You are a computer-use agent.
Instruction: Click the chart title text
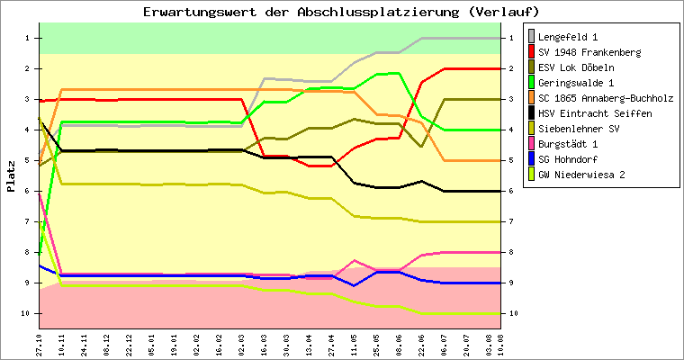click(x=341, y=12)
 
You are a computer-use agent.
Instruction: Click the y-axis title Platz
click(x=11, y=175)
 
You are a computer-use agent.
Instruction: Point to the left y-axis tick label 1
click(x=28, y=38)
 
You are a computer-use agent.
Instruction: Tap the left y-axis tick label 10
click(x=26, y=313)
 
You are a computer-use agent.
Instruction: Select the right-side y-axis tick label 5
click(x=510, y=160)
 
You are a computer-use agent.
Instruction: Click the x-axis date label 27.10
click(x=40, y=343)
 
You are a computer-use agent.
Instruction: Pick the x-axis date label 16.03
click(x=263, y=343)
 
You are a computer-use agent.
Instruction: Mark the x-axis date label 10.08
click(x=488, y=343)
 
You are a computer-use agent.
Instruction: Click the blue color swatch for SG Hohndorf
click(x=532, y=159)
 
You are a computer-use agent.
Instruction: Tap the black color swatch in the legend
click(x=532, y=113)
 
